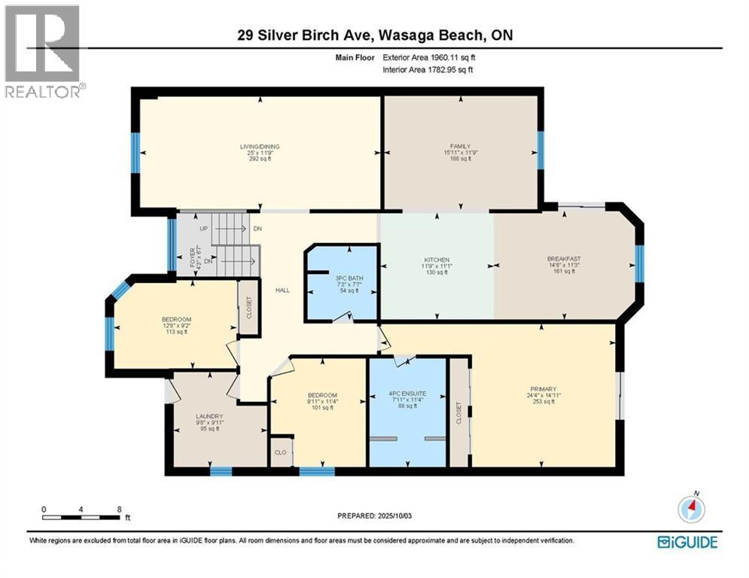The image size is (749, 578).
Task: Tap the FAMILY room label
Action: tap(460, 146)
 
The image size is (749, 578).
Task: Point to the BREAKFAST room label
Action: tap(565, 259)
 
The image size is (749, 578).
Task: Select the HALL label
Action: tap(283, 291)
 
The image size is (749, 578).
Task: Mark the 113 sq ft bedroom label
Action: tap(176, 319)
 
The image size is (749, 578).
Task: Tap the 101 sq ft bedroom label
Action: tap(321, 396)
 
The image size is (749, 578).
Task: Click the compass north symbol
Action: tap(691, 510)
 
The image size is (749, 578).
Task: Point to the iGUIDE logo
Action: tap(687, 542)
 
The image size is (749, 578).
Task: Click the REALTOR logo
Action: tap(43, 51)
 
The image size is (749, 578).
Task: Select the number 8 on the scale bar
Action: tap(119, 509)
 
